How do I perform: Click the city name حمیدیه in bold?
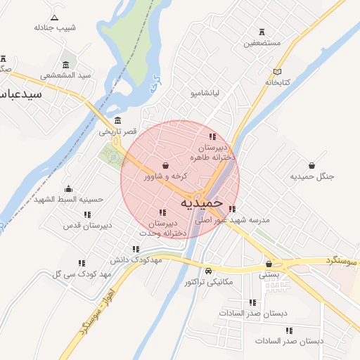(x=202, y=203)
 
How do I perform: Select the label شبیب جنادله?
(x=54, y=27)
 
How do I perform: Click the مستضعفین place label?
(x=262, y=43)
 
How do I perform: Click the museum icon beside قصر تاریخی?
(x=117, y=120)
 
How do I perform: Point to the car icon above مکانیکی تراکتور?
(x=209, y=271)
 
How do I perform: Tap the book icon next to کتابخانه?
(x=277, y=72)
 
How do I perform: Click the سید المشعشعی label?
(x=66, y=75)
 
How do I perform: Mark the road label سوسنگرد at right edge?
(x=342, y=260)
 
